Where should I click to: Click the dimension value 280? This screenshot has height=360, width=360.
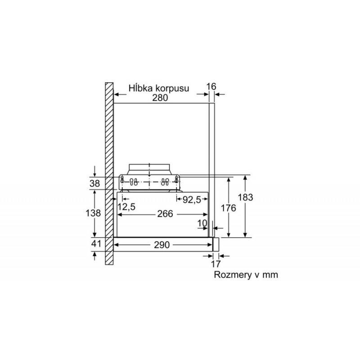pyautogui.click(x=160, y=98)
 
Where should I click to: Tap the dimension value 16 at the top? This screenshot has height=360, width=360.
pyautogui.click(x=211, y=86)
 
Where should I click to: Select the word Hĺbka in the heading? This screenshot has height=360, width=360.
pyautogui.click(x=140, y=88)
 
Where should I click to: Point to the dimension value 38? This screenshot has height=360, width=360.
pyautogui.click(x=94, y=184)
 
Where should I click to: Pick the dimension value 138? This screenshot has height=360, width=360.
pyautogui.click(x=93, y=213)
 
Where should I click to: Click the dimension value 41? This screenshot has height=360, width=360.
pyautogui.click(x=96, y=243)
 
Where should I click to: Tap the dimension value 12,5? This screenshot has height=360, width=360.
pyautogui.click(x=126, y=207)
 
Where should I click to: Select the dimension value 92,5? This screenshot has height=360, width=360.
pyautogui.click(x=192, y=200)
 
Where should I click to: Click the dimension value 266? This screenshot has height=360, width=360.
pyautogui.click(x=165, y=214)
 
